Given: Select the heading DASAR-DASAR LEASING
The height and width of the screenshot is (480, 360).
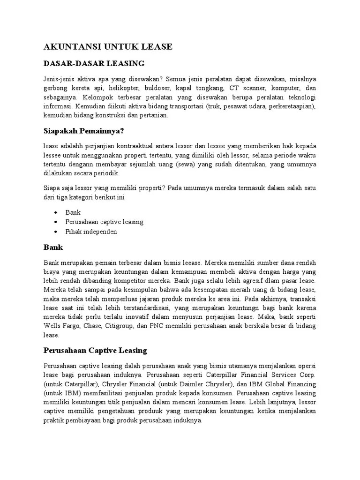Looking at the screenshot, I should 94,63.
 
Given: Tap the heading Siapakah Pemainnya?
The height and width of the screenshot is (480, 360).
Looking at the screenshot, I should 86,130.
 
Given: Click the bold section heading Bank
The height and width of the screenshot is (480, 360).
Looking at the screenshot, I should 53,247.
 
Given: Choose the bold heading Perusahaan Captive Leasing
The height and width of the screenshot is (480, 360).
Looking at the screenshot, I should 95,350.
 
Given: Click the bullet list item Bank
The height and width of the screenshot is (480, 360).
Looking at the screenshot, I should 73,212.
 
